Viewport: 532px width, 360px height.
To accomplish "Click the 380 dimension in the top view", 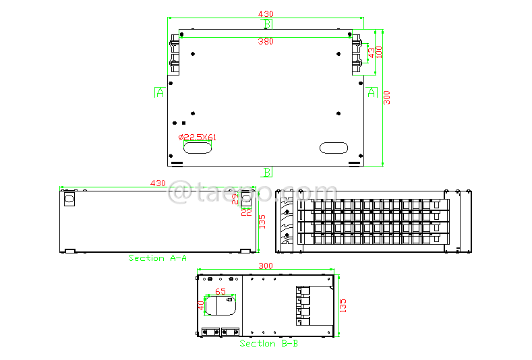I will click(x=266, y=41).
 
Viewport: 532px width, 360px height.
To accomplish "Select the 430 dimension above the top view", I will click(x=266, y=13).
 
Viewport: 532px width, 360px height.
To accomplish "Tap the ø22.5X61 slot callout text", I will click(x=198, y=137).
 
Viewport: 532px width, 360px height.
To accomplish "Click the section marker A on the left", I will click(x=159, y=92).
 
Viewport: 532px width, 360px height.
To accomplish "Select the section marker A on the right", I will click(x=372, y=92).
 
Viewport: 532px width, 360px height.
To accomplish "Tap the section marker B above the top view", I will click(x=267, y=24).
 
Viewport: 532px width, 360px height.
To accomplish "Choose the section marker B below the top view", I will click(x=267, y=172).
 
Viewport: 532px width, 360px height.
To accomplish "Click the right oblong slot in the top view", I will click(x=333, y=148).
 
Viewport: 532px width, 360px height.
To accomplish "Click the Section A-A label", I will click(x=158, y=258).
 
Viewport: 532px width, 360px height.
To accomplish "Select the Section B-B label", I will click(x=269, y=343).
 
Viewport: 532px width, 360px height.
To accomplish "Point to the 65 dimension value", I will click(x=220, y=292).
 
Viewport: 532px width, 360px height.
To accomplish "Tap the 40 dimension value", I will click(x=200, y=305).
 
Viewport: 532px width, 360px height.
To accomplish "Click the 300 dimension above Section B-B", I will click(x=266, y=266).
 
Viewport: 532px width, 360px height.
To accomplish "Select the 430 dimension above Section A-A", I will click(x=158, y=183).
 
